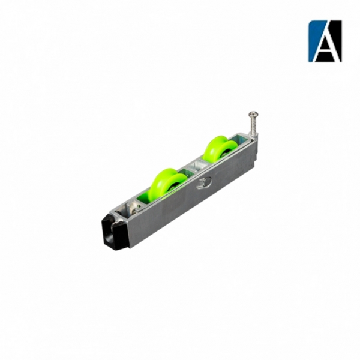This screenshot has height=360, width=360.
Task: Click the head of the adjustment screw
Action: pyautogui.click(x=251, y=114)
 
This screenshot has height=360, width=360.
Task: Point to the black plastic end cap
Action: pyautogui.click(x=115, y=232)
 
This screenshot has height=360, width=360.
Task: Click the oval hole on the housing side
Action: pyautogui.click(x=204, y=183)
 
